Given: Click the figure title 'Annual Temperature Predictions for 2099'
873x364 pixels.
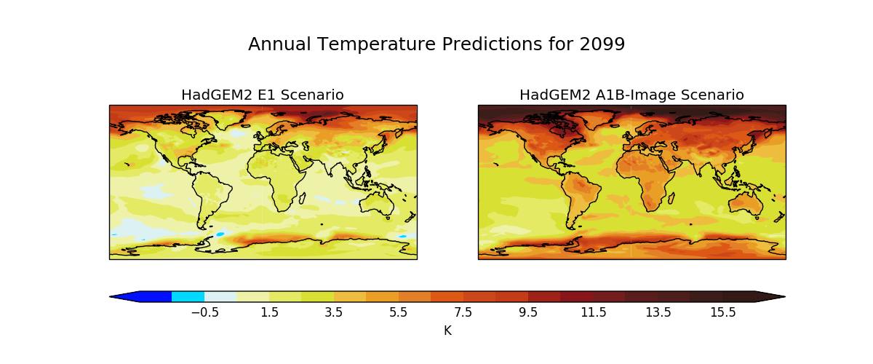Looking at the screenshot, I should click(436, 44).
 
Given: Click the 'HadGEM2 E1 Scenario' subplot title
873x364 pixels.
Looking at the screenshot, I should click(263, 95).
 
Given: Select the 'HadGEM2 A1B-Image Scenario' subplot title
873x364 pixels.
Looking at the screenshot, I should click(631, 95).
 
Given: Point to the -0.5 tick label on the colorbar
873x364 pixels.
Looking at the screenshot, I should click(204, 312).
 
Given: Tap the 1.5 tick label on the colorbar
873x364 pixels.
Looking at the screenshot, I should click(269, 312).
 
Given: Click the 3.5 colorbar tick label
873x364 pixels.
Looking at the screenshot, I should click(334, 312).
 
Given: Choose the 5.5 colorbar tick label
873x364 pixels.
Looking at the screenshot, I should click(399, 312).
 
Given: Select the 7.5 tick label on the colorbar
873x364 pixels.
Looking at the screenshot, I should click(463, 312).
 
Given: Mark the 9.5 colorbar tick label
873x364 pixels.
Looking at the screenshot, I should click(528, 312).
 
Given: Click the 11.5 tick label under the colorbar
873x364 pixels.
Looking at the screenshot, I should click(593, 312).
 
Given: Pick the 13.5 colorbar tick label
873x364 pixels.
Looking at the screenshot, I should click(658, 312).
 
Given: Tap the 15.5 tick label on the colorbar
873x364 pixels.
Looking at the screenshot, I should click(722, 312).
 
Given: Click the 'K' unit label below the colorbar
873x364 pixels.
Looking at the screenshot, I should click(447, 331).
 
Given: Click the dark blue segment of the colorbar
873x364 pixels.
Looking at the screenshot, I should click(156, 296).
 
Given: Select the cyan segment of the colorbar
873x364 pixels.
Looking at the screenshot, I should click(188, 296).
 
